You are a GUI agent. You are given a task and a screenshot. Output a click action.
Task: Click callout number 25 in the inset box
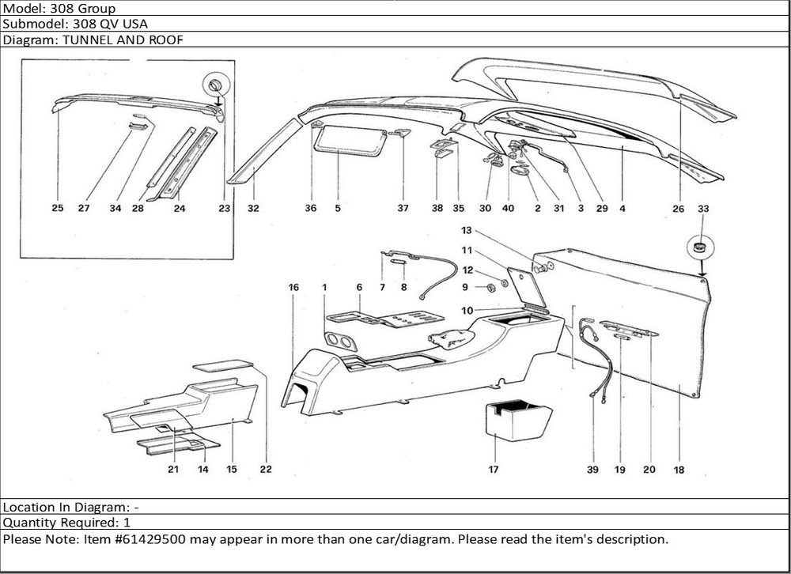click(58, 209)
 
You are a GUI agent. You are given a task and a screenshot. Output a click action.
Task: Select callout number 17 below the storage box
click(494, 470)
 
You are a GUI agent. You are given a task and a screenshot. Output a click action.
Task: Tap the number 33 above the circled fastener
click(703, 209)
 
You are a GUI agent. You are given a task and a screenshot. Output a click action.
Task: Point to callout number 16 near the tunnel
click(293, 288)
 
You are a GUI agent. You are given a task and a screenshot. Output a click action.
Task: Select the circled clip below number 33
click(699, 247)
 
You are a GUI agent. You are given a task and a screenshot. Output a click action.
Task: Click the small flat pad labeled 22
click(224, 366)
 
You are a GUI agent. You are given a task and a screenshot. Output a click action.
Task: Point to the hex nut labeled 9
click(488, 285)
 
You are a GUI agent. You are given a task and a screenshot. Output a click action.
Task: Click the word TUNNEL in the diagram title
click(81, 40)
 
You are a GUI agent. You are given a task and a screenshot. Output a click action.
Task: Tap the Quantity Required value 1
click(127, 523)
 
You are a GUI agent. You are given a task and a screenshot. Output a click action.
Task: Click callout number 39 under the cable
click(592, 470)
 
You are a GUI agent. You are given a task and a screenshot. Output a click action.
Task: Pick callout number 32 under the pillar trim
click(253, 209)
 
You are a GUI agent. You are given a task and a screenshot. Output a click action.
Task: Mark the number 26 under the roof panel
click(679, 209)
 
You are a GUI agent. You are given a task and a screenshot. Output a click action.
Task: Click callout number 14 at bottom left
click(203, 470)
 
